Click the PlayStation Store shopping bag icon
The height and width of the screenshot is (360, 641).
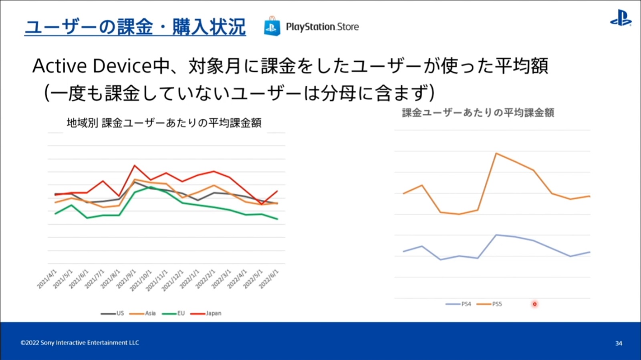[272, 26]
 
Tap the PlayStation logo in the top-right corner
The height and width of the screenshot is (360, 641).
[621, 18]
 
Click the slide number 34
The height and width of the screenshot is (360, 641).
[619, 343]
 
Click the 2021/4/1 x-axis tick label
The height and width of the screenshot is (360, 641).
[47, 279]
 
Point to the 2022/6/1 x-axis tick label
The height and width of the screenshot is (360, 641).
[269, 279]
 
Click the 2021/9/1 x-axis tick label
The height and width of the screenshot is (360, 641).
[126, 279]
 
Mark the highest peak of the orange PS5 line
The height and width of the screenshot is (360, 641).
[496, 153]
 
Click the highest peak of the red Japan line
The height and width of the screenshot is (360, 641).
[135, 165]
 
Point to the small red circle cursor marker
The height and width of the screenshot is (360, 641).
[534, 304]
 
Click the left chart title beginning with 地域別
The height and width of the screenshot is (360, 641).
[164, 123]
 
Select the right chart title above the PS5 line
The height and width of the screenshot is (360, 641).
[478, 113]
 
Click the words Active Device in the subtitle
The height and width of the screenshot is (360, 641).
[92, 66]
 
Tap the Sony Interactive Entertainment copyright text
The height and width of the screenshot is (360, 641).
[80, 343]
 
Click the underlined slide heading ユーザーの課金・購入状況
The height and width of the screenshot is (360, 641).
[135, 27]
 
